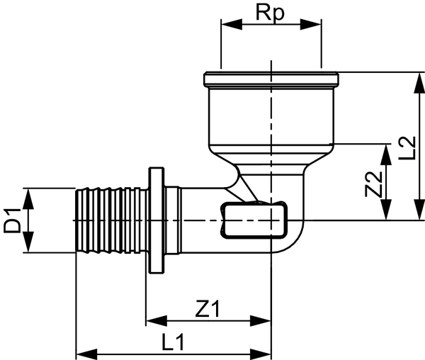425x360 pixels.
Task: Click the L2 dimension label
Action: coord(407,147)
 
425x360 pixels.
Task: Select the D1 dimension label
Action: coord(12,220)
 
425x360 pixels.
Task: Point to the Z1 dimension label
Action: coord(208,309)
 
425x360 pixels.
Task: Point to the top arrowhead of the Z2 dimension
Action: coord(386,149)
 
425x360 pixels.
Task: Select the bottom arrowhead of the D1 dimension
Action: coord(28,247)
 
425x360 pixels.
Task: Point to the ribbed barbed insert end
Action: coord(110,220)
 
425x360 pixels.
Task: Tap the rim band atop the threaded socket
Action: coord(271,79)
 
